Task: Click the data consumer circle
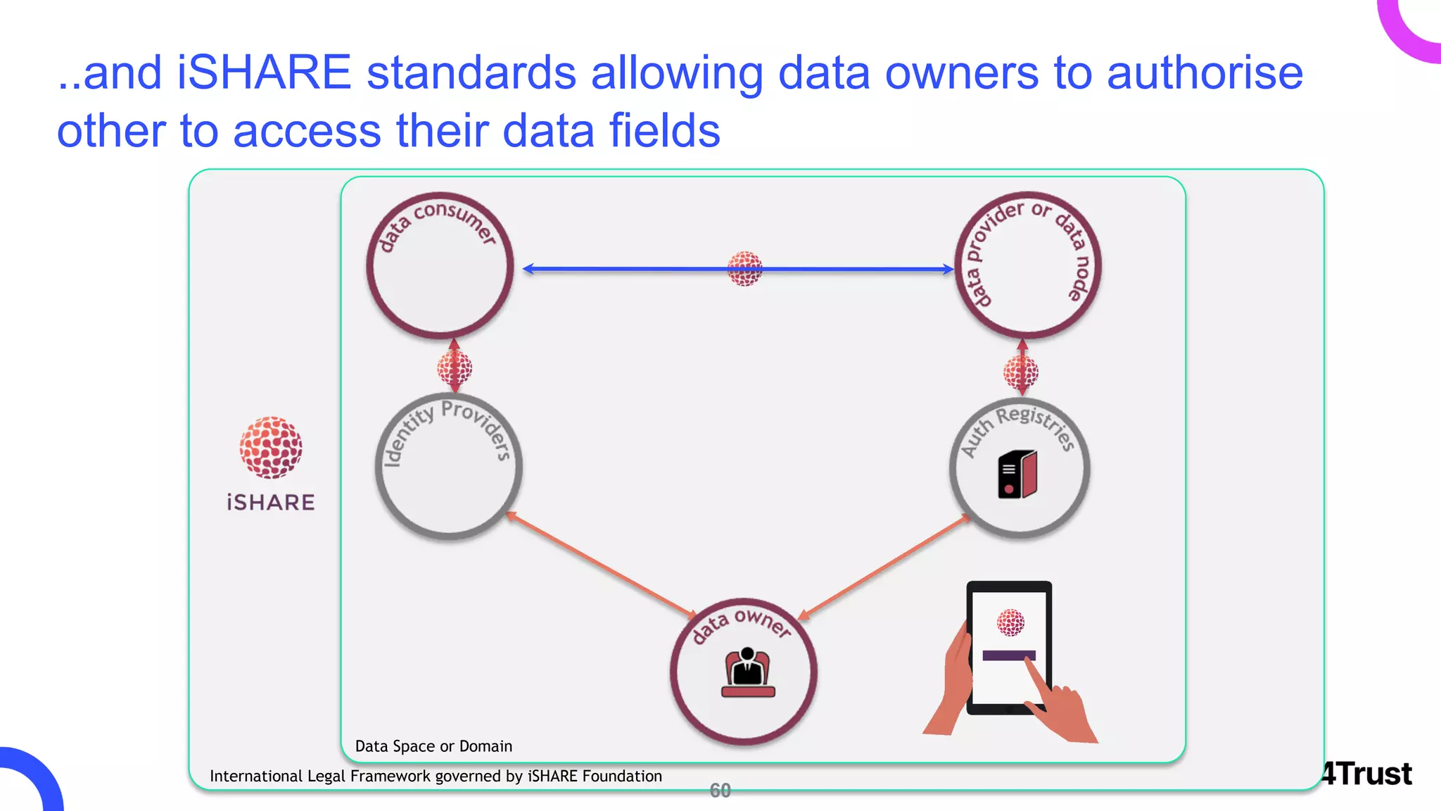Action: [x=440, y=266]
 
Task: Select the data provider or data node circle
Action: [x=1027, y=266]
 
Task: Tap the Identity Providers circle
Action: [x=448, y=468]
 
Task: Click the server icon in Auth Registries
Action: [x=1017, y=474]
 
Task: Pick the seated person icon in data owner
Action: [x=747, y=673]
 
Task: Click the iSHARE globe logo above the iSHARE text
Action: [x=271, y=447]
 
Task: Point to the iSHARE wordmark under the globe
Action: [x=271, y=503]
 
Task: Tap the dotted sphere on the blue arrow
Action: [x=744, y=268]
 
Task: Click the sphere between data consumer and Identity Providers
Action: [x=455, y=367]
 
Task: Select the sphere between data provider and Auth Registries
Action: [x=1021, y=372]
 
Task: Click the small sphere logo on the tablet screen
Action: [x=1010, y=622]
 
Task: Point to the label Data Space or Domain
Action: [x=433, y=746]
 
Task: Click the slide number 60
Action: [x=720, y=791]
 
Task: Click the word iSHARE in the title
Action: [x=264, y=73]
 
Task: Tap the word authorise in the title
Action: [x=1205, y=73]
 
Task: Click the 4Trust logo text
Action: [x=1366, y=774]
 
